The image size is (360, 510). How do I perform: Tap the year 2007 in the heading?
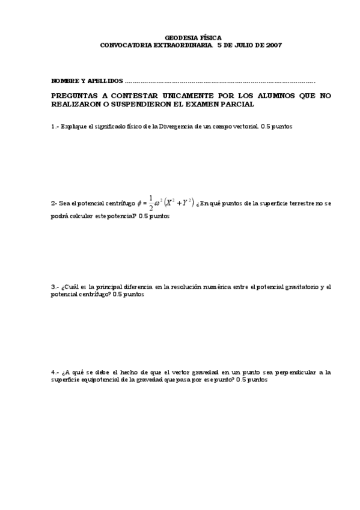[273, 45]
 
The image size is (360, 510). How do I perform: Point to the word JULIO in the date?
[245, 45]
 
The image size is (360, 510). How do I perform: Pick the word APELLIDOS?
[105, 81]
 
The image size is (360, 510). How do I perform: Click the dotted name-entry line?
[219, 81]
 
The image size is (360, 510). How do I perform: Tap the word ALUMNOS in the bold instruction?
[264, 96]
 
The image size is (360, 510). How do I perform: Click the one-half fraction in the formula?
[151, 203]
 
